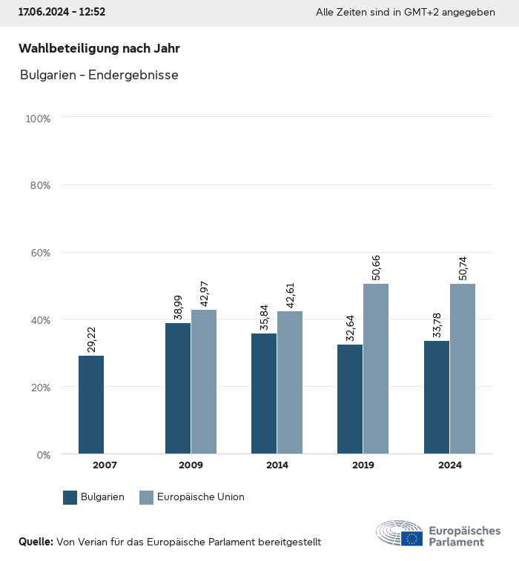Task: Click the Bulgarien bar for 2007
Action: (x=91, y=405)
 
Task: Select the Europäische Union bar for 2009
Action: (x=204, y=382)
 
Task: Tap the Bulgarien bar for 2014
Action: (x=264, y=394)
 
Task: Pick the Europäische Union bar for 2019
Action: (x=376, y=369)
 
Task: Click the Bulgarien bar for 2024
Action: (x=437, y=397)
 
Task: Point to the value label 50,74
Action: (x=463, y=268)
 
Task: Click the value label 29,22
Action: (x=92, y=339)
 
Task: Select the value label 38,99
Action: (x=178, y=306)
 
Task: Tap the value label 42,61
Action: (x=291, y=294)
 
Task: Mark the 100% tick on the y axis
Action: (x=38, y=118)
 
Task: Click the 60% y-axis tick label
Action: (x=40, y=253)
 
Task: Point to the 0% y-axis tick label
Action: (x=43, y=454)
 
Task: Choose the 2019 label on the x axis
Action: (x=363, y=465)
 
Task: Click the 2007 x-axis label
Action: (x=105, y=465)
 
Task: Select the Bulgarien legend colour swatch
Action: (x=70, y=497)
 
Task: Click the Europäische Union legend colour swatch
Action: (x=146, y=497)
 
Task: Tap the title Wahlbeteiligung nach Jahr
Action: (x=99, y=49)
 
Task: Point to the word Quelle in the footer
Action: (x=36, y=542)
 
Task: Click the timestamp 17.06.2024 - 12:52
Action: (x=62, y=13)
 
